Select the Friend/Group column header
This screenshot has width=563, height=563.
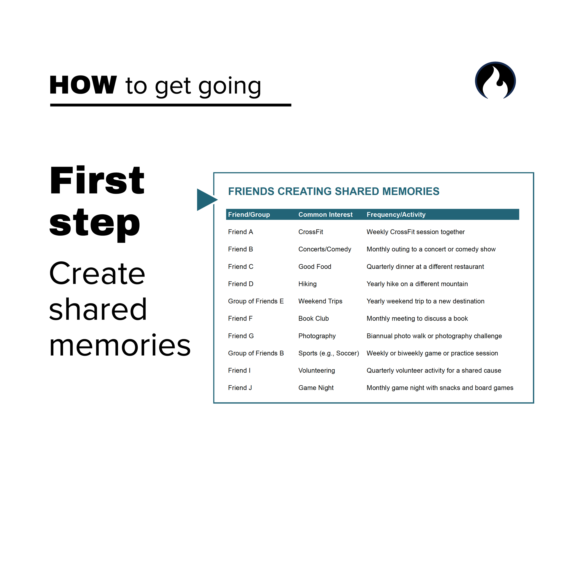tap(249, 214)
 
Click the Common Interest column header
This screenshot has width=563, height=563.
tap(325, 214)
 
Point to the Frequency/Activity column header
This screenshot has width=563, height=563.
tap(396, 214)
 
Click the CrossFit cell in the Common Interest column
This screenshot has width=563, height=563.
tap(311, 232)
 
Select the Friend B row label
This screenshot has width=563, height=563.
tap(241, 249)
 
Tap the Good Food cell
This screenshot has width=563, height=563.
tap(315, 267)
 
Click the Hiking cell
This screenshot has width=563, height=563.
tap(307, 284)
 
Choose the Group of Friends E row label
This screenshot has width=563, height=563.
tap(256, 301)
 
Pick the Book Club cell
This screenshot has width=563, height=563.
tap(313, 318)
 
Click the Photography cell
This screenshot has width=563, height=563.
tap(317, 336)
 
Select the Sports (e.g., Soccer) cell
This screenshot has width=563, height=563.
tap(328, 353)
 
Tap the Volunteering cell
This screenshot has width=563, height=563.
tap(316, 371)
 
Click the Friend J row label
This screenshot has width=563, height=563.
tap(240, 388)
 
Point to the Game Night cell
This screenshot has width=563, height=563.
tap(316, 388)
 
